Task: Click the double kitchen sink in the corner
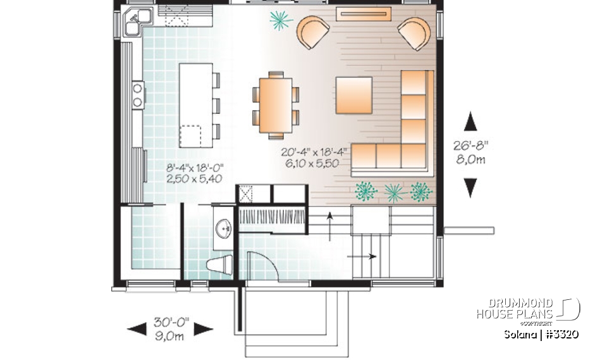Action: [x=137, y=22]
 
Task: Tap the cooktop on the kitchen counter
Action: [x=137, y=94]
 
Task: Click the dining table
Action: [x=276, y=104]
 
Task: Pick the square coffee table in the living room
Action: [x=353, y=95]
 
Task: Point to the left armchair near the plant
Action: [x=314, y=32]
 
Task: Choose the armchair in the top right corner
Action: [x=414, y=33]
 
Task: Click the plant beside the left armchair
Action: [x=280, y=21]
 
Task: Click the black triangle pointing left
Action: [x=136, y=328]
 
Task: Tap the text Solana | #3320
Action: [x=541, y=335]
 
